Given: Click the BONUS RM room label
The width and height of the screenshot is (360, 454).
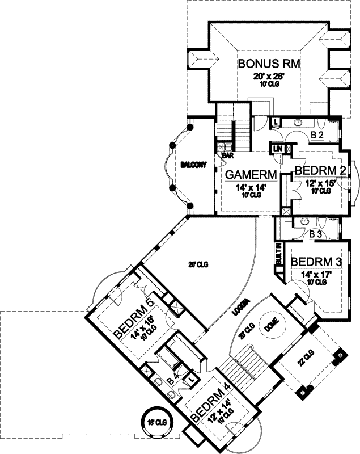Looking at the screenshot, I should [x=269, y=63].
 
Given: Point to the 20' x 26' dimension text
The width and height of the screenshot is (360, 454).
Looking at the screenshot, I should [x=269, y=75].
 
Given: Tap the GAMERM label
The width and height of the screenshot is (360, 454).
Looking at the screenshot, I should [x=251, y=174].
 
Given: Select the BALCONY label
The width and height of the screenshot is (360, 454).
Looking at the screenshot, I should [x=193, y=165].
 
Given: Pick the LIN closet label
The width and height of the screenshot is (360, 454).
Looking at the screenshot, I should [x=278, y=149].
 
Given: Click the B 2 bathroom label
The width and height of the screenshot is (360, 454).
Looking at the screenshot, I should [x=317, y=136].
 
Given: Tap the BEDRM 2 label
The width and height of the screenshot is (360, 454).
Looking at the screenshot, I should [x=320, y=171].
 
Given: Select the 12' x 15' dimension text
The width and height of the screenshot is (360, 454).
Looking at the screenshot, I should [x=321, y=183].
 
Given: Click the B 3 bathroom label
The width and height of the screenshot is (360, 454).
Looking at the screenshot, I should [x=316, y=234].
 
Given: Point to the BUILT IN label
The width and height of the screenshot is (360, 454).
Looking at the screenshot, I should [x=279, y=254].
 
